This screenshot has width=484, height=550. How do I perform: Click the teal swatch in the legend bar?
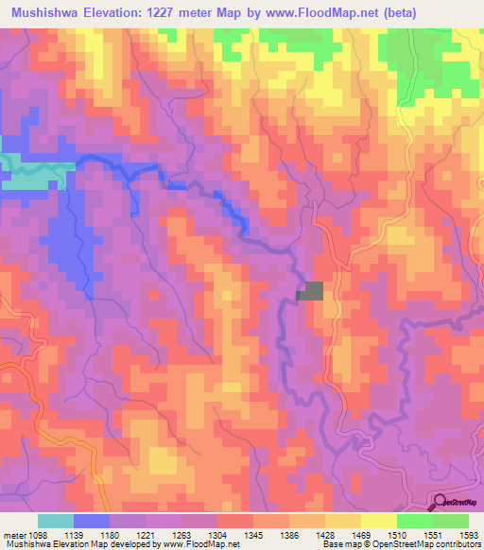tap(55, 521)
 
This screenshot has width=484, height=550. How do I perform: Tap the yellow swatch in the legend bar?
tap(378, 521)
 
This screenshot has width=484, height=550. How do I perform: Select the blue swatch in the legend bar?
tap(91, 521)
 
